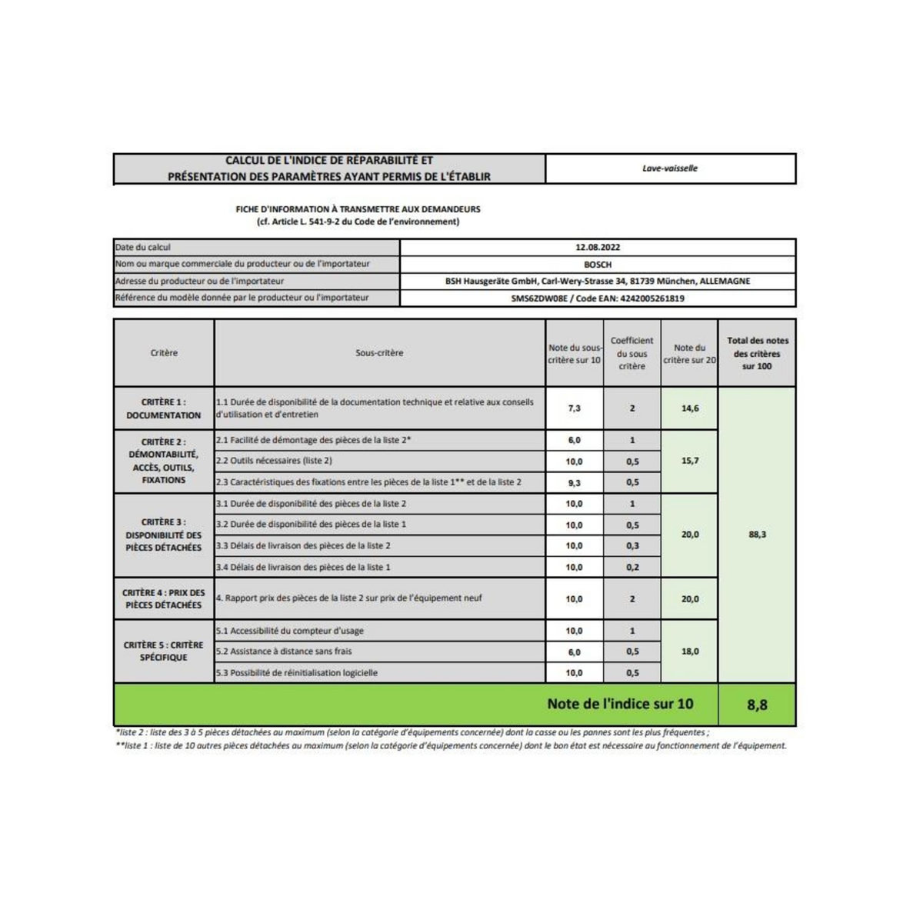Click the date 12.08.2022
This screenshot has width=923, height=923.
tap(598, 248)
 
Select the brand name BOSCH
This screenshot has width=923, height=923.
tap(598, 265)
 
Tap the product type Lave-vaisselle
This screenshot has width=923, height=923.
tap(670, 168)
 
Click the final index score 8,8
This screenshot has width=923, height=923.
tap(757, 705)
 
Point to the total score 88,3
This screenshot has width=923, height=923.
tap(757, 535)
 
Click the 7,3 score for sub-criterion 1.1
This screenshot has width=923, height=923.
tap(574, 408)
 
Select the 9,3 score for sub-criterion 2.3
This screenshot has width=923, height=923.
tap(574, 483)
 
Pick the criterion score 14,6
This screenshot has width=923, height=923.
tap(690, 408)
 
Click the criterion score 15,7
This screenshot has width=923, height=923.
tap(690, 461)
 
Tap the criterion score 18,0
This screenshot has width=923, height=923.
tap(690, 651)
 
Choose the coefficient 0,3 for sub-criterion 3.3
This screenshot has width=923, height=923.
tap(632, 546)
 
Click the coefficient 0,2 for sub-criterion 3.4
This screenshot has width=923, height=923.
tap(632, 568)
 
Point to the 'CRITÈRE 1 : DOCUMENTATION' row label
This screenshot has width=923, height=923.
tap(164, 408)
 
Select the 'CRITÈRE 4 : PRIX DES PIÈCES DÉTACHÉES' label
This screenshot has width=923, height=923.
tap(164, 599)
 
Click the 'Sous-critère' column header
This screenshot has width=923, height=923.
tap(379, 353)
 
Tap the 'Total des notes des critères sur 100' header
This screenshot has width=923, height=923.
tap(757, 353)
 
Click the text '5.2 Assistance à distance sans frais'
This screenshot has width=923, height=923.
tap(284, 651)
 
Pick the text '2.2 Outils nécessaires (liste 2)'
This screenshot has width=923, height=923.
tap(274, 461)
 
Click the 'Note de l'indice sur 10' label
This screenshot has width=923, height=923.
tap(620, 704)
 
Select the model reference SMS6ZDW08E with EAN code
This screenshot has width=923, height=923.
tap(598, 298)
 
